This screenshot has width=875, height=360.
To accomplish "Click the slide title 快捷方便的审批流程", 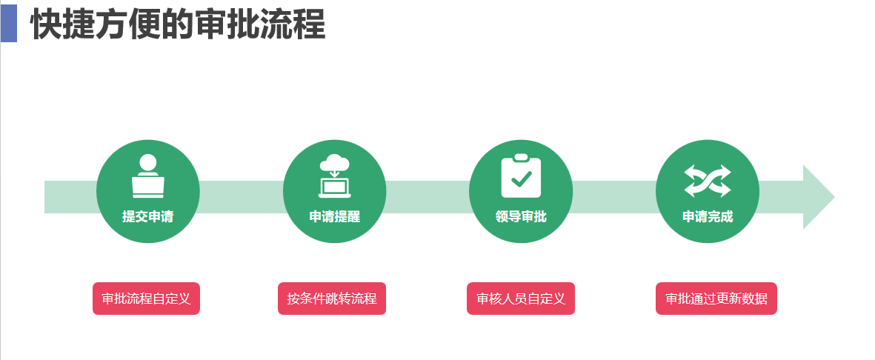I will coord(178,25).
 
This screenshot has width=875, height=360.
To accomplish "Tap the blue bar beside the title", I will coord(8,23).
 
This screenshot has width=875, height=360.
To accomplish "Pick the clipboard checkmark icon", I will coord(521,176).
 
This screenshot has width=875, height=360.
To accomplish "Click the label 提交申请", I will coord(148,216).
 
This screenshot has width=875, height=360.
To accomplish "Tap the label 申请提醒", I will coord(335,216).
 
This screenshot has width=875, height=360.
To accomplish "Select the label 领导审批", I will coord(521,216).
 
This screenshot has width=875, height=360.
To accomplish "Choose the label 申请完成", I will coord(708,216).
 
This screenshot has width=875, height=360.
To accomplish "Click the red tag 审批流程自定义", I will coord(146,299).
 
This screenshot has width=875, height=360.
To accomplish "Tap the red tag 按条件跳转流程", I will coord(332,299).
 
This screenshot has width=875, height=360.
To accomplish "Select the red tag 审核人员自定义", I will coord(521,299).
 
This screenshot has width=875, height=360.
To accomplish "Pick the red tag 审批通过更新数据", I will coord(716,299).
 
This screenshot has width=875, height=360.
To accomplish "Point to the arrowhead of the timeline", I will coord(818,197).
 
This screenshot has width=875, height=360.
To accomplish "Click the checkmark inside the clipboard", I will coord(522,179).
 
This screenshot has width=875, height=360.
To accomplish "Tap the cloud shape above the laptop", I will coord(335,163).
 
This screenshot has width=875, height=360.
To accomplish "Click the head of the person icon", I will coord(148,162).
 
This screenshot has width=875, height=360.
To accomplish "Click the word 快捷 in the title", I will coord(61,25).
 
